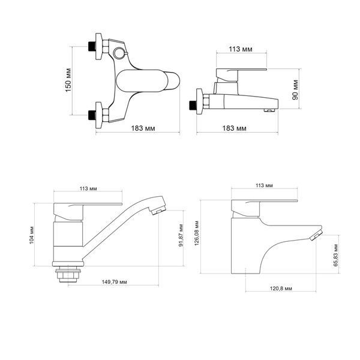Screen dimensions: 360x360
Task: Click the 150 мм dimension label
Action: [68, 80]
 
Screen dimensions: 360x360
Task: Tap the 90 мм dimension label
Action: [295, 90]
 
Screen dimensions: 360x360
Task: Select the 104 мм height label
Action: [32, 235]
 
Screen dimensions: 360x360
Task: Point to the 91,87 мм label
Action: [181, 235]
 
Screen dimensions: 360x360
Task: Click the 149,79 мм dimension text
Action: [115, 282]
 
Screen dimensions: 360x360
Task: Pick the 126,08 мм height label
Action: [197, 233]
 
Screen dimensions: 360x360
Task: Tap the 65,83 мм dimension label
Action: [336, 256]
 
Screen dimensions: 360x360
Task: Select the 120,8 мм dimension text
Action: [281, 289]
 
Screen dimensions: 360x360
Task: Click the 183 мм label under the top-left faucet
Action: [143, 128]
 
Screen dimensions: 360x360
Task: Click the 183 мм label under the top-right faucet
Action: [235, 128]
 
